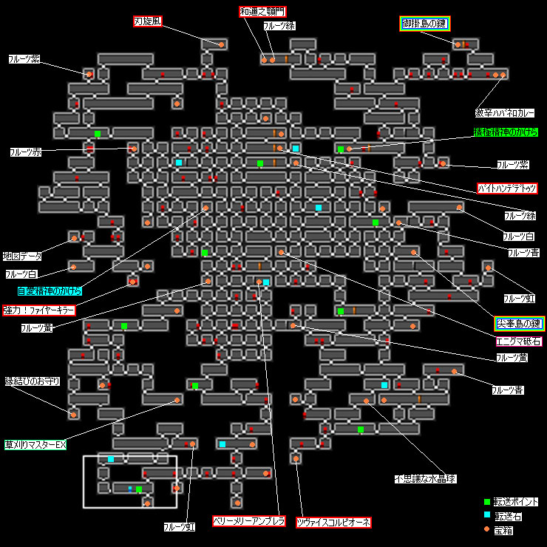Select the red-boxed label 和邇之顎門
click(262, 11)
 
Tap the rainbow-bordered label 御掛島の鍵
click(424, 23)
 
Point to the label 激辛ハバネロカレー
click(505, 113)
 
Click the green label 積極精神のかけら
click(511, 132)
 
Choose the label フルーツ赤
click(25, 152)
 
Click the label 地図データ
click(22, 256)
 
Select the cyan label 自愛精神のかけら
click(50, 291)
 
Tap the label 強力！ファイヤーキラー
click(39, 310)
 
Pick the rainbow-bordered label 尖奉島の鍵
click(519, 324)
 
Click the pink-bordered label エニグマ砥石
click(519, 342)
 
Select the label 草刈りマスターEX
click(35, 445)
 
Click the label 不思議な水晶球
click(426, 479)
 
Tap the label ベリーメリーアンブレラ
click(248, 520)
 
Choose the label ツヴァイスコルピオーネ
click(333, 523)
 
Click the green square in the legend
click(486, 502)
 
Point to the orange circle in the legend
click(486, 529)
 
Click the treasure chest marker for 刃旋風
click(220, 45)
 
